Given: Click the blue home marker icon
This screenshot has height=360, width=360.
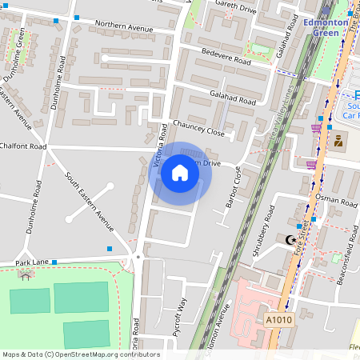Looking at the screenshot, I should click(180, 173).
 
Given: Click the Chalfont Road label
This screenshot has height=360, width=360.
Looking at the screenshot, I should click(24, 146).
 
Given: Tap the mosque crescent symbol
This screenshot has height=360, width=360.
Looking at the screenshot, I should click(291, 240).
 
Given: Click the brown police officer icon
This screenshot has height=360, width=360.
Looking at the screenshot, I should click(338, 142).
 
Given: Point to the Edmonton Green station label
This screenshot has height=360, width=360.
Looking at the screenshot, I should click(327, 26).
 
